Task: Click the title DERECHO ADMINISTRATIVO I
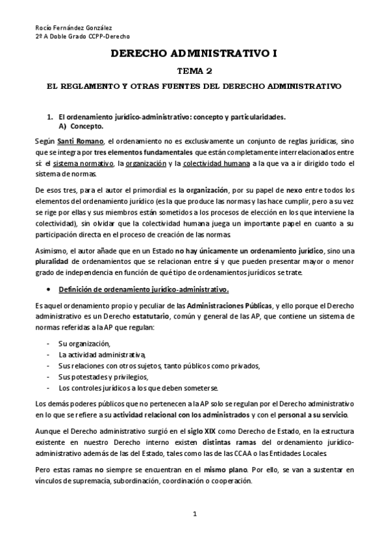pos(194,56)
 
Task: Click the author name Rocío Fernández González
pos(72,28)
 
